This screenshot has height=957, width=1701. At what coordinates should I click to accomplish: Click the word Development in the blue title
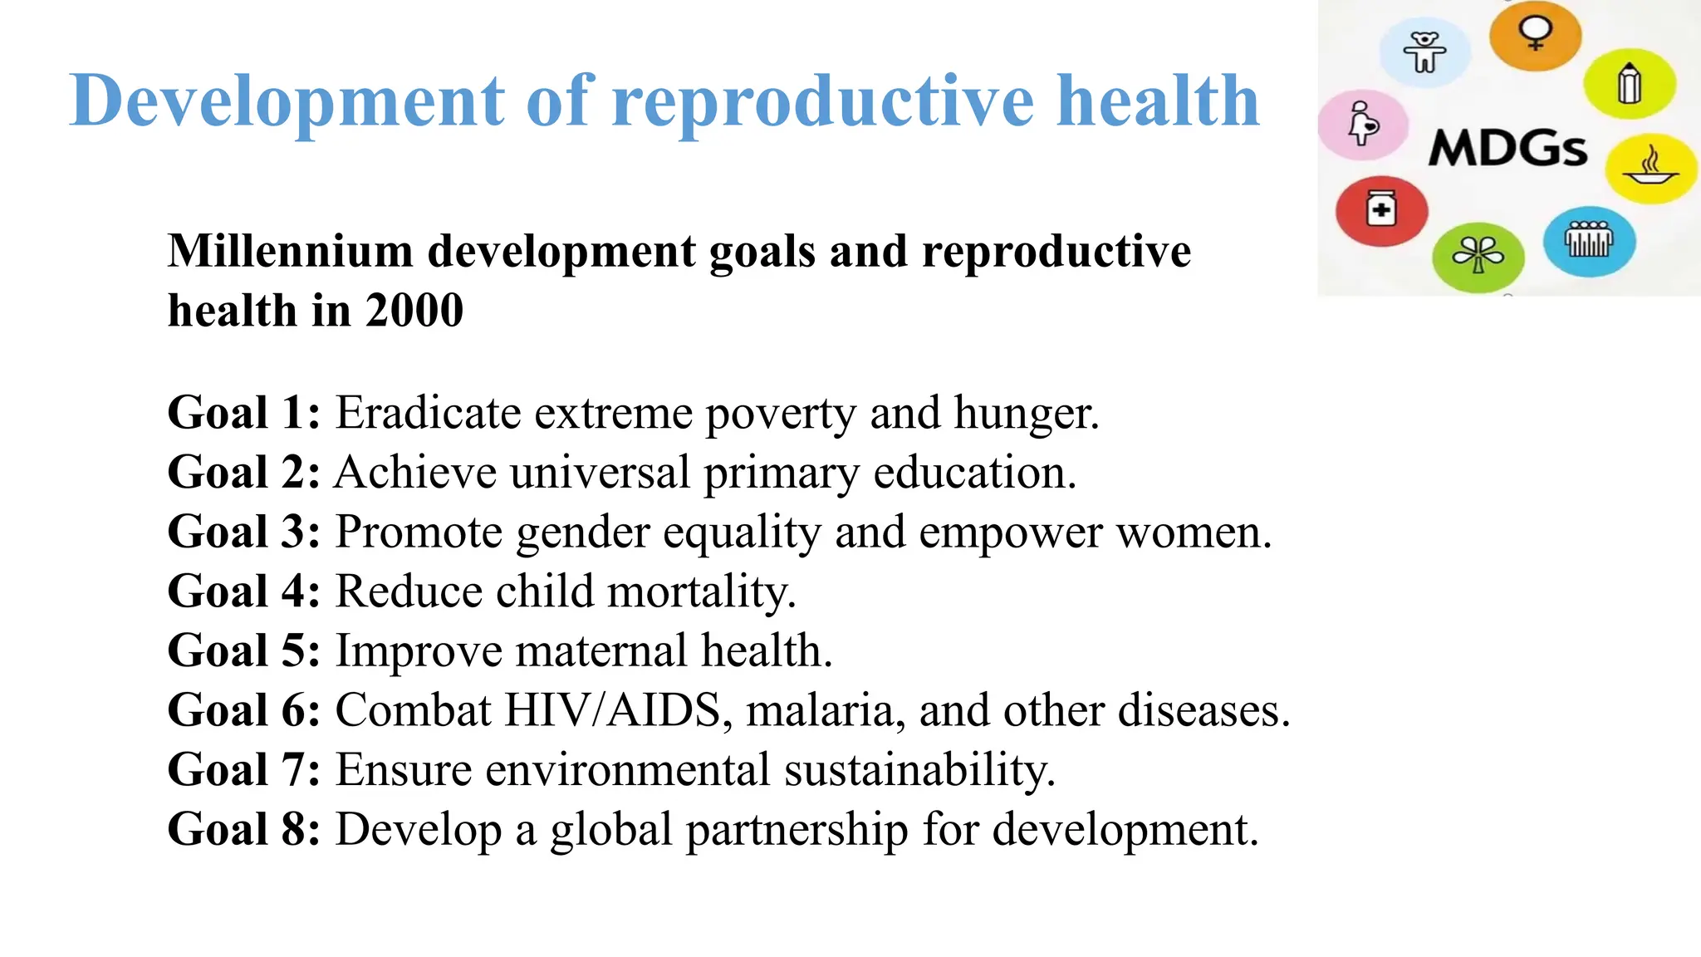[287, 101]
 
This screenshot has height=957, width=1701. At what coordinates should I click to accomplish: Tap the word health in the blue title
[1158, 101]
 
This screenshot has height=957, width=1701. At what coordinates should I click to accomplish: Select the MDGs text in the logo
[1507, 150]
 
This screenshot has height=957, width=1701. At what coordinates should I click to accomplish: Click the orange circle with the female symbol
[1535, 35]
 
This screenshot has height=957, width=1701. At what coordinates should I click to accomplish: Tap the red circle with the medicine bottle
[1381, 210]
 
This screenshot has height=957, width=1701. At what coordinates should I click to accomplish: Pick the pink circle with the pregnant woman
[1363, 125]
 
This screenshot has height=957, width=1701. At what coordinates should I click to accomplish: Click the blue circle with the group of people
[1589, 241]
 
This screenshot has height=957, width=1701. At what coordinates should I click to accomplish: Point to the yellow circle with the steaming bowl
[1650, 169]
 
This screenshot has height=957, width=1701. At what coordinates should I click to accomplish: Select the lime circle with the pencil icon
[1629, 84]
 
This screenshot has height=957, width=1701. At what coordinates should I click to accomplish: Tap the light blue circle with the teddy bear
[1424, 52]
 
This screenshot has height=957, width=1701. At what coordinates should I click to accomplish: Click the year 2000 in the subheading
[414, 311]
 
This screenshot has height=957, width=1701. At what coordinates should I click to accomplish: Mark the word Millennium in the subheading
[290, 251]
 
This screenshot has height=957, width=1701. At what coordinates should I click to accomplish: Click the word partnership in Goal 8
[797, 830]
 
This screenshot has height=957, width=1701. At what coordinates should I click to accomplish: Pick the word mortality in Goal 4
[700, 592]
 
